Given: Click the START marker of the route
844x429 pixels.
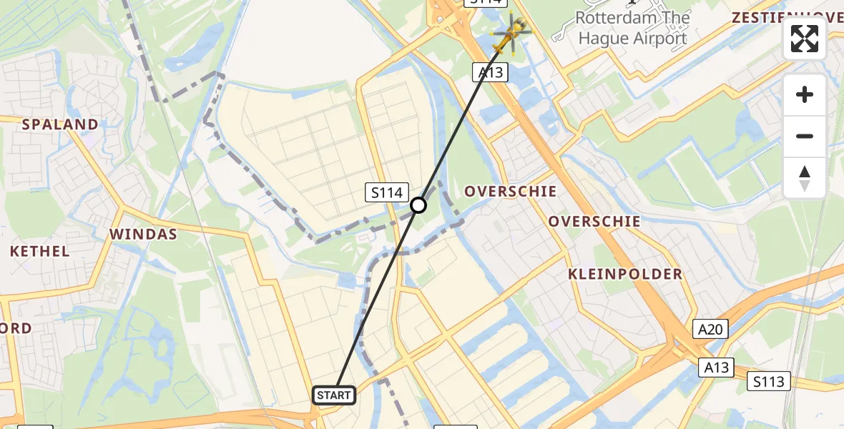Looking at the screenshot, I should point(333,395).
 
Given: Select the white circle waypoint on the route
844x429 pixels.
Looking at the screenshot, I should point(418,206).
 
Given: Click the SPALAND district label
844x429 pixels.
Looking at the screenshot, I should point(60,124).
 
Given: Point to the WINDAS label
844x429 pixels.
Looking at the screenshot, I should point(143,234).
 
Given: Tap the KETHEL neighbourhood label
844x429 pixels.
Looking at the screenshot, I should point(40,251).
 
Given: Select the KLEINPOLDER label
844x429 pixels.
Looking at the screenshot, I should point(625,274).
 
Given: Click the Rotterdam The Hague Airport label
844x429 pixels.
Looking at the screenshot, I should point(632,28).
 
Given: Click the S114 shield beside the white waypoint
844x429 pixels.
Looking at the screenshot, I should point(387,192).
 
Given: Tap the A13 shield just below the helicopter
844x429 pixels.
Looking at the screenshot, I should point(490,71).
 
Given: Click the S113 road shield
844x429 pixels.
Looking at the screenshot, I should point(769,381).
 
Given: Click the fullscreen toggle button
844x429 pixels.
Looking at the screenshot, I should point(805,39).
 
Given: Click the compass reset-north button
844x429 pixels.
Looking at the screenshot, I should point(805,177).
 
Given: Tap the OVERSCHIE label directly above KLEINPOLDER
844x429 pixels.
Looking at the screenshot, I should point(594,221).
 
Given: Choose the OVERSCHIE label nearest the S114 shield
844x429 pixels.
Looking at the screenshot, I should point(510,191).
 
